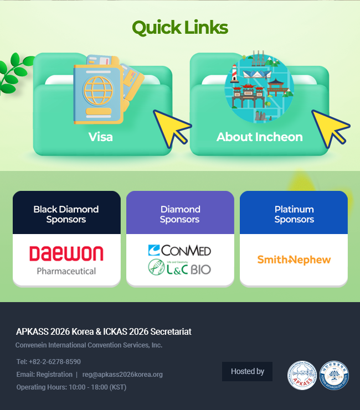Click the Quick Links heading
pyautogui.click(x=180, y=28)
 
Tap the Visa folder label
pyautogui.click(x=101, y=137)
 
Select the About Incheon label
pyautogui.click(x=259, y=137)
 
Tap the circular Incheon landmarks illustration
pyautogui.click(x=259, y=89)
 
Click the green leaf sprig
pyautogui.click(x=14, y=72)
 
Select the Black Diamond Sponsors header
pyautogui.click(x=66, y=214)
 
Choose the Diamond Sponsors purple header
pyautogui.click(x=180, y=214)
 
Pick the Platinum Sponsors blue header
pyautogui.click(x=294, y=214)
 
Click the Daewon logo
pyautogui.click(x=66, y=254)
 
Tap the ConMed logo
pyautogui.click(x=179, y=251)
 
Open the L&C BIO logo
pyautogui.click(x=179, y=268)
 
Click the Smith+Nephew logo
pyautogui.click(x=294, y=260)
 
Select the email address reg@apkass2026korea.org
pyautogui.click(x=122, y=375)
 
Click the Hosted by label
pyautogui.click(x=247, y=371)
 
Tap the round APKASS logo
pyautogui.click(x=302, y=376)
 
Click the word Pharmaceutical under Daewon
pyautogui.click(x=66, y=271)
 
